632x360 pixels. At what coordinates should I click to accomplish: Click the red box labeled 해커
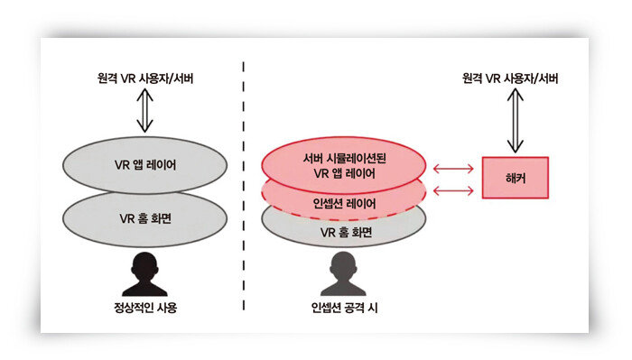click(515, 178)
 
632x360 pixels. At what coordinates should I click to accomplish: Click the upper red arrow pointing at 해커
click(452, 168)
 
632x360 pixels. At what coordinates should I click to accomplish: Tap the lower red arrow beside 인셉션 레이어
click(452, 190)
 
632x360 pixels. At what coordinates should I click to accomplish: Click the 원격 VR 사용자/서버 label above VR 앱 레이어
click(145, 79)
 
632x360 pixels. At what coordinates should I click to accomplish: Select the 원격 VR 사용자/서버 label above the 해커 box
click(516, 79)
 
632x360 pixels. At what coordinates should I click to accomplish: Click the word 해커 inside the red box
click(515, 178)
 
